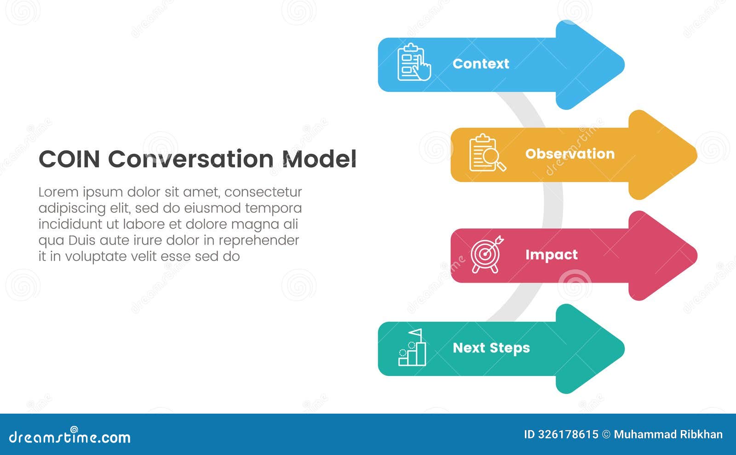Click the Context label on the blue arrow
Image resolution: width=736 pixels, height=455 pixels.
click(481, 63)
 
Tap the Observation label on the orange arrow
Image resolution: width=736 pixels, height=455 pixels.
click(569, 154)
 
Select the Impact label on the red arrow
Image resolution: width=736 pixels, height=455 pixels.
click(551, 255)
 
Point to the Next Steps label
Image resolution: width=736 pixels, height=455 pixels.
click(491, 348)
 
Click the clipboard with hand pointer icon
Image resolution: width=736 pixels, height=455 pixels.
click(414, 63)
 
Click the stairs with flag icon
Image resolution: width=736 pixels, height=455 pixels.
click(412, 348)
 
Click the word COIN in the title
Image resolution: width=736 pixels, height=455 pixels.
click(69, 159)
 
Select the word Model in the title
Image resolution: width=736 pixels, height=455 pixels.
click(319, 159)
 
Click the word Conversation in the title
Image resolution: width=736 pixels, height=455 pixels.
click(190, 159)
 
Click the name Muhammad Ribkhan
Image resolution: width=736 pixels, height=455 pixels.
click(668, 434)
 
